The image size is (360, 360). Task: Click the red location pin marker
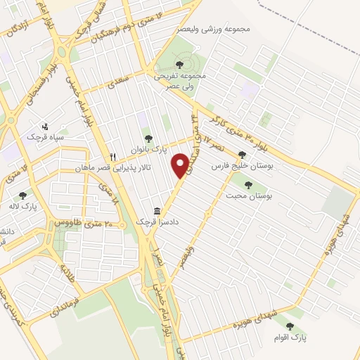pyautogui.click(x=181, y=165)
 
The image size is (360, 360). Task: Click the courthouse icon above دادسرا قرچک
pyautogui.click(x=157, y=211)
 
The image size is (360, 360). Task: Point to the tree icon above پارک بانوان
pyautogui.click(x=148, y=139)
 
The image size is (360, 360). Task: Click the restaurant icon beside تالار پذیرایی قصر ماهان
pyautogui.click(x=112, y=157)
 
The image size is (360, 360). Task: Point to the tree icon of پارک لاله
pyautogui.click(x=22, y=196)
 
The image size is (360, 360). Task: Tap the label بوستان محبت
pyautogui.click(x=250, y=195)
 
